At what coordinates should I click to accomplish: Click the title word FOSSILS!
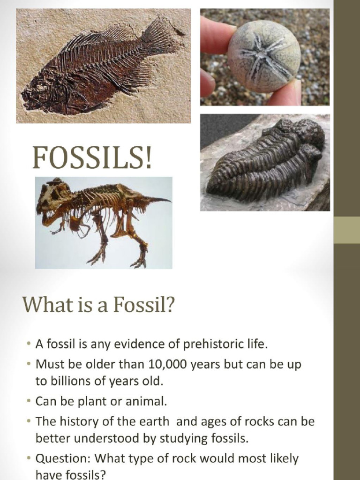[92, 158]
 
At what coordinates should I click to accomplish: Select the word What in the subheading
[43, 305]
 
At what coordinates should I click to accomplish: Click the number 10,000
[170, 364]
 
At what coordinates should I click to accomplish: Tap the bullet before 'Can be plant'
[29, 402]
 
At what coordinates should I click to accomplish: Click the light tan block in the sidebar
[346, 230]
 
